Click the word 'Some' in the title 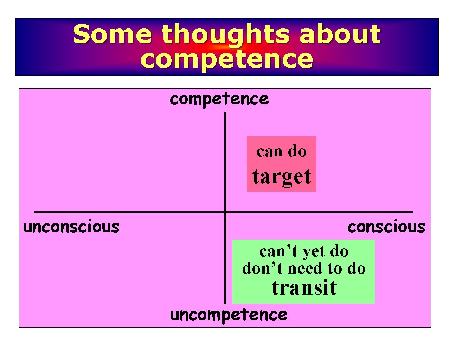pos(112,34)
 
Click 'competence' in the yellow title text pos(226,59)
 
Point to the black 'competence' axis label pos(219,99)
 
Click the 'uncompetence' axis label pos(229,315)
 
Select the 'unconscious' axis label pos(71,227)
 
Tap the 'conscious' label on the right pos(386,227)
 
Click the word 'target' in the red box pos(282,176)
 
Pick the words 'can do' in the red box pos(282,152)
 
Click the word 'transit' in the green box pos(304,288)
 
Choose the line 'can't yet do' pos(304,251)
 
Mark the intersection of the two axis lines pos(225,212)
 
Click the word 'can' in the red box pos(270,152)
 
